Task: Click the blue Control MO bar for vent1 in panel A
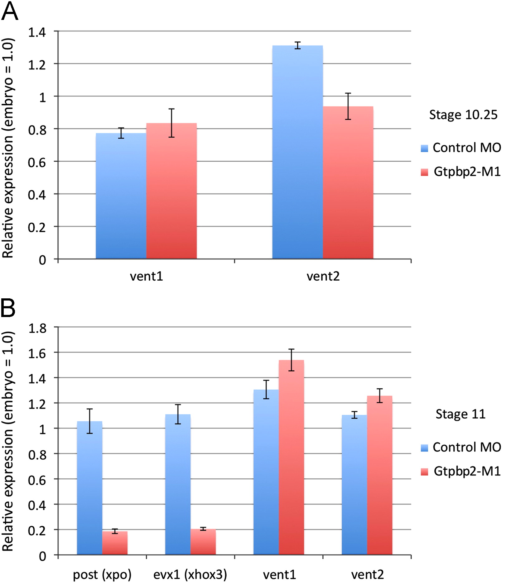pos(121,196)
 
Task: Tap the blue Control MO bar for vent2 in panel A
pos(297,152)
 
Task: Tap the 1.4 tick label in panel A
pos(37,32)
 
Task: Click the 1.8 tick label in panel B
pos(37,328)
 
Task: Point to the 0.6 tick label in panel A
pos(37,162)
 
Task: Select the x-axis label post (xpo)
pos(102,575)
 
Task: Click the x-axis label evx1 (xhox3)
pos(190,575)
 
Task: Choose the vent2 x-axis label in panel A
pos(323,276)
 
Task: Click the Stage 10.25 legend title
pos(463,115)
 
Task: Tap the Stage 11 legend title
pos(460,414)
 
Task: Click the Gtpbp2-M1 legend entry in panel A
pos(461,172)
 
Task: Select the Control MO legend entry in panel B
pos(461,447)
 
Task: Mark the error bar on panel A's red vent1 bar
pos(171,123)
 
